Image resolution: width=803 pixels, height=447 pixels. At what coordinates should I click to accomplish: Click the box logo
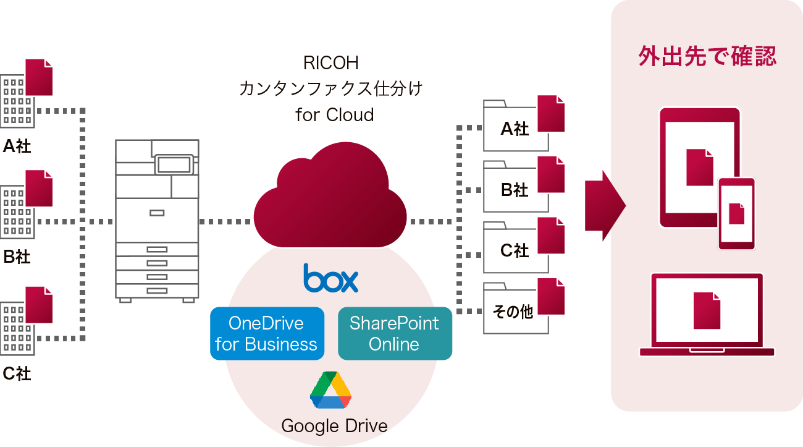tap(330, 278)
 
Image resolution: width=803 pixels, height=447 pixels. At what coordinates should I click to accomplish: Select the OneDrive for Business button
tap(267, 333)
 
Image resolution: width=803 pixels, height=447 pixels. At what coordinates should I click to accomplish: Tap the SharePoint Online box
tap(395, 333)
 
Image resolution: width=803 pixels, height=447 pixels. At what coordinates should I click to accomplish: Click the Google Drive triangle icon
tap(330, 391)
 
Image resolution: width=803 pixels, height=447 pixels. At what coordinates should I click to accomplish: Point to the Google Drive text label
tap(334, 426)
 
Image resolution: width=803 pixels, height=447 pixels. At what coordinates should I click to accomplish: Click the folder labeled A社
tap(515, 127)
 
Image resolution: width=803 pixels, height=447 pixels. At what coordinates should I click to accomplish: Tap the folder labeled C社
tap(515, 249)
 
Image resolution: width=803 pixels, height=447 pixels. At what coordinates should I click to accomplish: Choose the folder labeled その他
tap(515, 310)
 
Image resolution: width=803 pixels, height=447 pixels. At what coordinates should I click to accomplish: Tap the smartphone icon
tap(736, 214)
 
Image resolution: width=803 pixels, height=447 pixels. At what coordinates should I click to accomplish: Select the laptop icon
tap(707, 315)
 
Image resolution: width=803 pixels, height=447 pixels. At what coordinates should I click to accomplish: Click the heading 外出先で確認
tap(707, 57)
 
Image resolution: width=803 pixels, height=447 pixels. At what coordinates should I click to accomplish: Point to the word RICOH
tap(330, 63)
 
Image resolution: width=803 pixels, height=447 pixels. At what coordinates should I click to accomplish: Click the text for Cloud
tap(334, 114)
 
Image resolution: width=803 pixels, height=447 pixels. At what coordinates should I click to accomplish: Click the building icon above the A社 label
tap(17, 101)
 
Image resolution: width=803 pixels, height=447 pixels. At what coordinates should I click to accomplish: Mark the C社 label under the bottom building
tap(17, 373)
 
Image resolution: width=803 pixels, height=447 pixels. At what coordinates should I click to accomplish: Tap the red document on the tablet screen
tap(699, 167)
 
